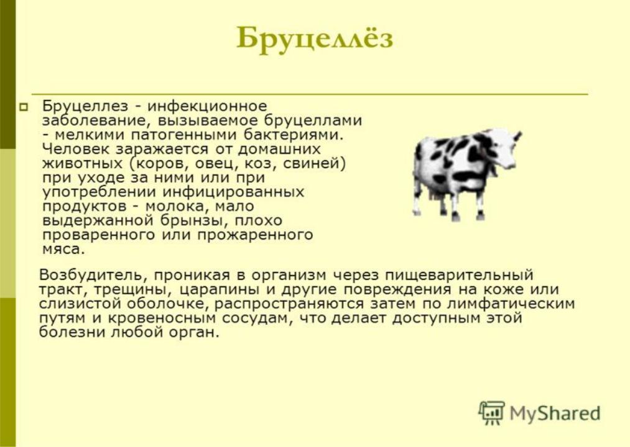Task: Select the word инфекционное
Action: coord(207,106)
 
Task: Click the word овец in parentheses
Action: coord(218,164)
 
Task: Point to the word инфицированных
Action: coord(233,192)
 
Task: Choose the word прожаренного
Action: coord(255,235)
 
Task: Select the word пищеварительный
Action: coord(459,276)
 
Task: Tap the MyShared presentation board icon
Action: coord(491,412)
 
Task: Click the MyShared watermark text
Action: coord(555,413)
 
